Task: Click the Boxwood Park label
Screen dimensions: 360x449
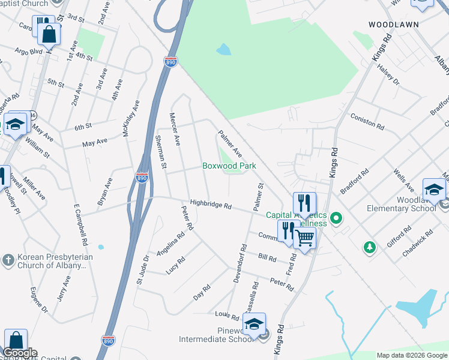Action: tap(229, 166)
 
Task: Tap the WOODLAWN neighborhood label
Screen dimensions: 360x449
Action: tap(393, 25)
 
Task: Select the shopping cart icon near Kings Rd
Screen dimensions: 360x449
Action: tap(304, 238)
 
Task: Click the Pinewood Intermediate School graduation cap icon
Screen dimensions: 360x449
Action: tap(254, 325)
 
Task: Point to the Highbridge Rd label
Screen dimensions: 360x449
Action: tap(211, 205)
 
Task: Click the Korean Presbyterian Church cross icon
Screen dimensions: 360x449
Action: tap(8, 260)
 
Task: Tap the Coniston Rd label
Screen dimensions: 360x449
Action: tap(367, 121)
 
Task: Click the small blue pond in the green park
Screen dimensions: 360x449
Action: tap(223, 49)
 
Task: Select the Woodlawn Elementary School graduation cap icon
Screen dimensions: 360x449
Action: tap(434, 190)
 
